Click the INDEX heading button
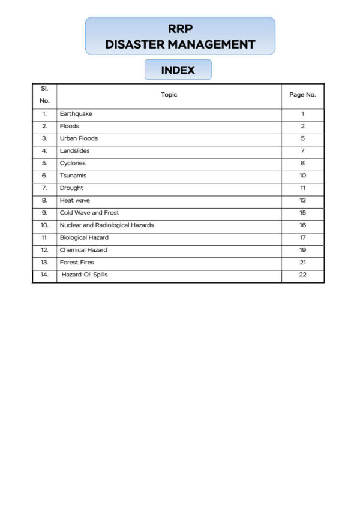click(178, 70)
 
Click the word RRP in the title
click(180, 29)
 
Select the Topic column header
click(169, 95)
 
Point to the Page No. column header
click(302, 95)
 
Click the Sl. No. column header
click(44, 95)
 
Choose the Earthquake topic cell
click(76, 114)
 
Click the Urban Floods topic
click(79, 138)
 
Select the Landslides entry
click(74, 151)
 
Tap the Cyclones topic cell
click(73, 163)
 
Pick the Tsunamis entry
click(73, 176)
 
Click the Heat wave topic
click(74, 200)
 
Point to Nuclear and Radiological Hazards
click(106, 225)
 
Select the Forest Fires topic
click(77, 263)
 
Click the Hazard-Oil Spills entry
click(85, 275)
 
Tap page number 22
click(302, 275)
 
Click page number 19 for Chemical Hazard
click(302, 250)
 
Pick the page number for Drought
click(302, 188)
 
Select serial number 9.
click(44, 213)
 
